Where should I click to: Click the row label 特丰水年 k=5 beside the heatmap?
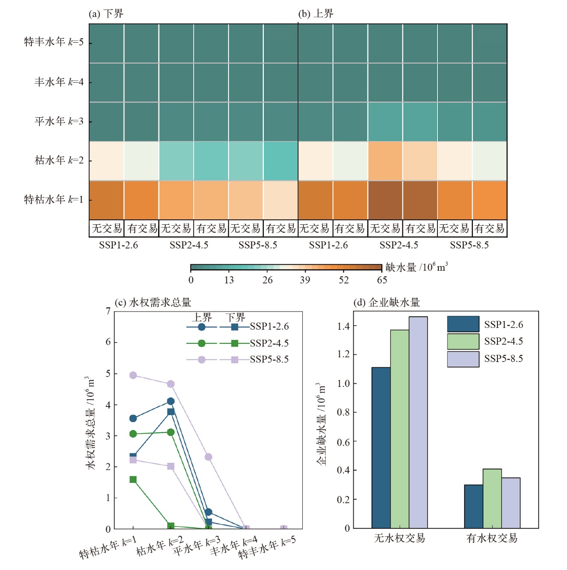54,42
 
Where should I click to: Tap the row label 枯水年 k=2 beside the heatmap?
59,160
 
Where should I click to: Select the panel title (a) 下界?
106,14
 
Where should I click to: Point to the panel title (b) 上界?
316,14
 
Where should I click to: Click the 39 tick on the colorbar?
305,280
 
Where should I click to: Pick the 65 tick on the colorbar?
382,280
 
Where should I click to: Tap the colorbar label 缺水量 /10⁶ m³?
416,268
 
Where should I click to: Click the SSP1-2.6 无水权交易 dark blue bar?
381,447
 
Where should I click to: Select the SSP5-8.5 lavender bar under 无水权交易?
418,422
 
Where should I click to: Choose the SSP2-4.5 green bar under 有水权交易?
492,498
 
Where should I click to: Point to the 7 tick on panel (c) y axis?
108,311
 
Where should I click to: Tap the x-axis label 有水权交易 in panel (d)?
492,539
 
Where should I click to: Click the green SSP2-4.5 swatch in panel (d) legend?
463,342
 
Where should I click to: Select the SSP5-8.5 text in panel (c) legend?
269,359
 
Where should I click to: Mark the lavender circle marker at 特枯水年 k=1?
133,375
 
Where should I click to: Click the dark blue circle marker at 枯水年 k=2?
171,401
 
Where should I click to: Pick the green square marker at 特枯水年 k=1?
133,480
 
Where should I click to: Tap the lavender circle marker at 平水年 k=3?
208,457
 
